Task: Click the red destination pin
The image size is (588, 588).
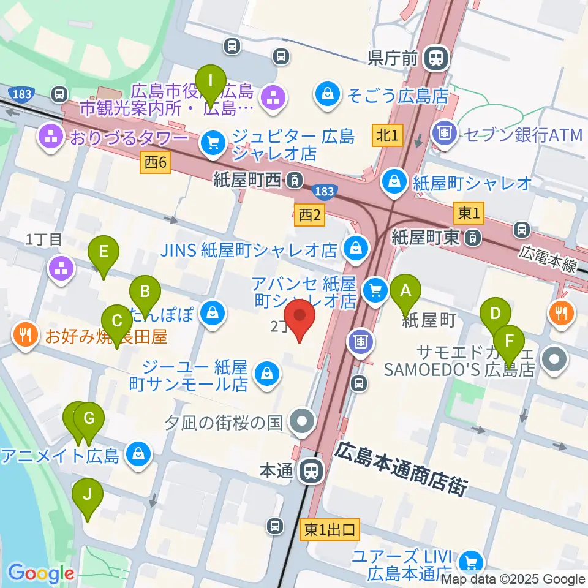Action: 300,317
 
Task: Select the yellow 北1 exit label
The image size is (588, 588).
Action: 388,134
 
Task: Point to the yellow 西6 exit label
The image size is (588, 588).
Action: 156,162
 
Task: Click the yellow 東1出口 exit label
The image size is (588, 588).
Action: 330,530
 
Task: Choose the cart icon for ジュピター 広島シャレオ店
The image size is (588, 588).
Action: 213,143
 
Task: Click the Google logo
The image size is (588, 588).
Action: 40,573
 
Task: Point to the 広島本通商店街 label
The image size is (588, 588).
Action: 401,467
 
